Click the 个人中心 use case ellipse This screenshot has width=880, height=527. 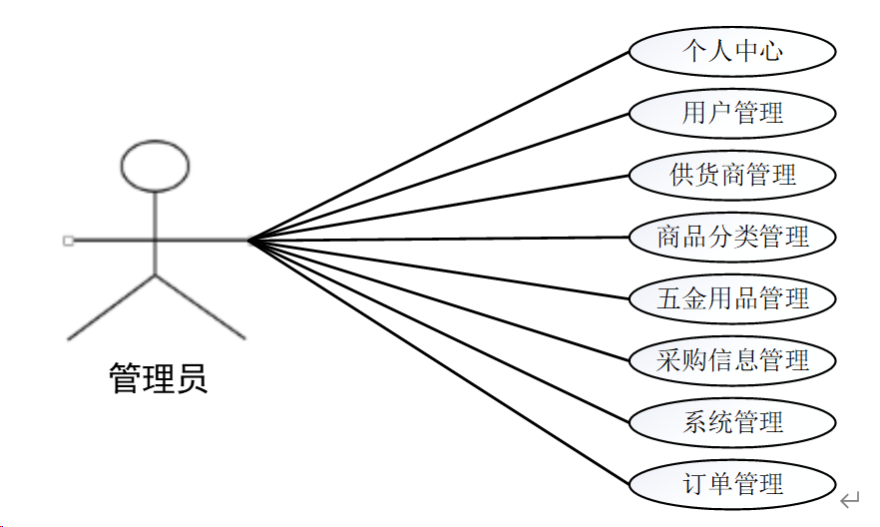(732, 51)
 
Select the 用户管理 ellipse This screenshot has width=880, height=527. (732, 113)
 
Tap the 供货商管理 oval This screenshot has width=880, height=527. (732, 175)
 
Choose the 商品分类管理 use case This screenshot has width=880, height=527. (732, 237)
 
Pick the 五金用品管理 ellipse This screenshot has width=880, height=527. (732, 298)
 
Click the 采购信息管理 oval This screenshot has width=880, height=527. (732, 360)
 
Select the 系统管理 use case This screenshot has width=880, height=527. (732, 422)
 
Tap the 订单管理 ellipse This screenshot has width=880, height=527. (732, 484)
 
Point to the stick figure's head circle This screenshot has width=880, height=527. (155, 166)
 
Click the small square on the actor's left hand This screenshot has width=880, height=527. (68, 240)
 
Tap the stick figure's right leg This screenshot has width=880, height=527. (200, 306)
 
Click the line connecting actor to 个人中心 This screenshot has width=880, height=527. (439, 146)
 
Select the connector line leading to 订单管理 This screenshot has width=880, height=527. (439, 361)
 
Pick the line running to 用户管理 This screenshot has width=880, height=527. (439, 177)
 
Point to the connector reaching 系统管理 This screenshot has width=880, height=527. (439, 329)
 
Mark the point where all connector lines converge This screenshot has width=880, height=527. (249, 240)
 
